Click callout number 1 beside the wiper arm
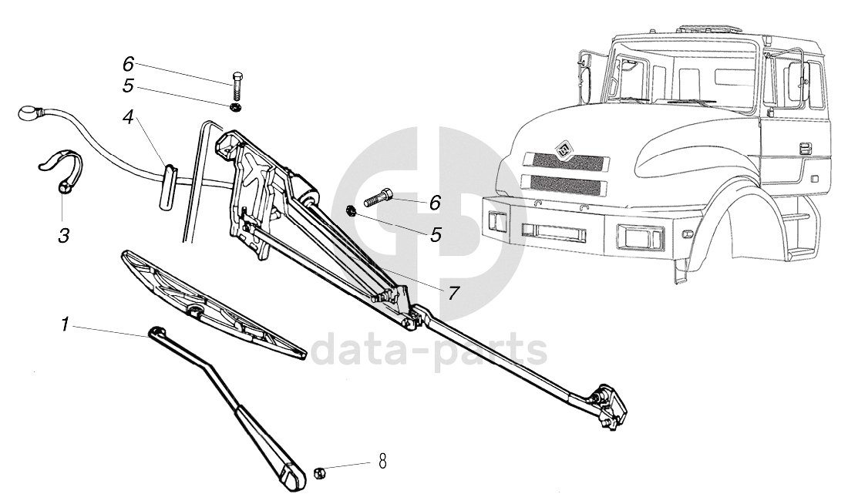point(66,326)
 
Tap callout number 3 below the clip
point(64,236)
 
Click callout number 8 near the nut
point(380,462)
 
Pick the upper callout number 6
point(128,64)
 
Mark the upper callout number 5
point(128,85)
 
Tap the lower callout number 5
point(436,234)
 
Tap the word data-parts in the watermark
point(429,351)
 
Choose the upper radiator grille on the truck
point(566,161)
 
